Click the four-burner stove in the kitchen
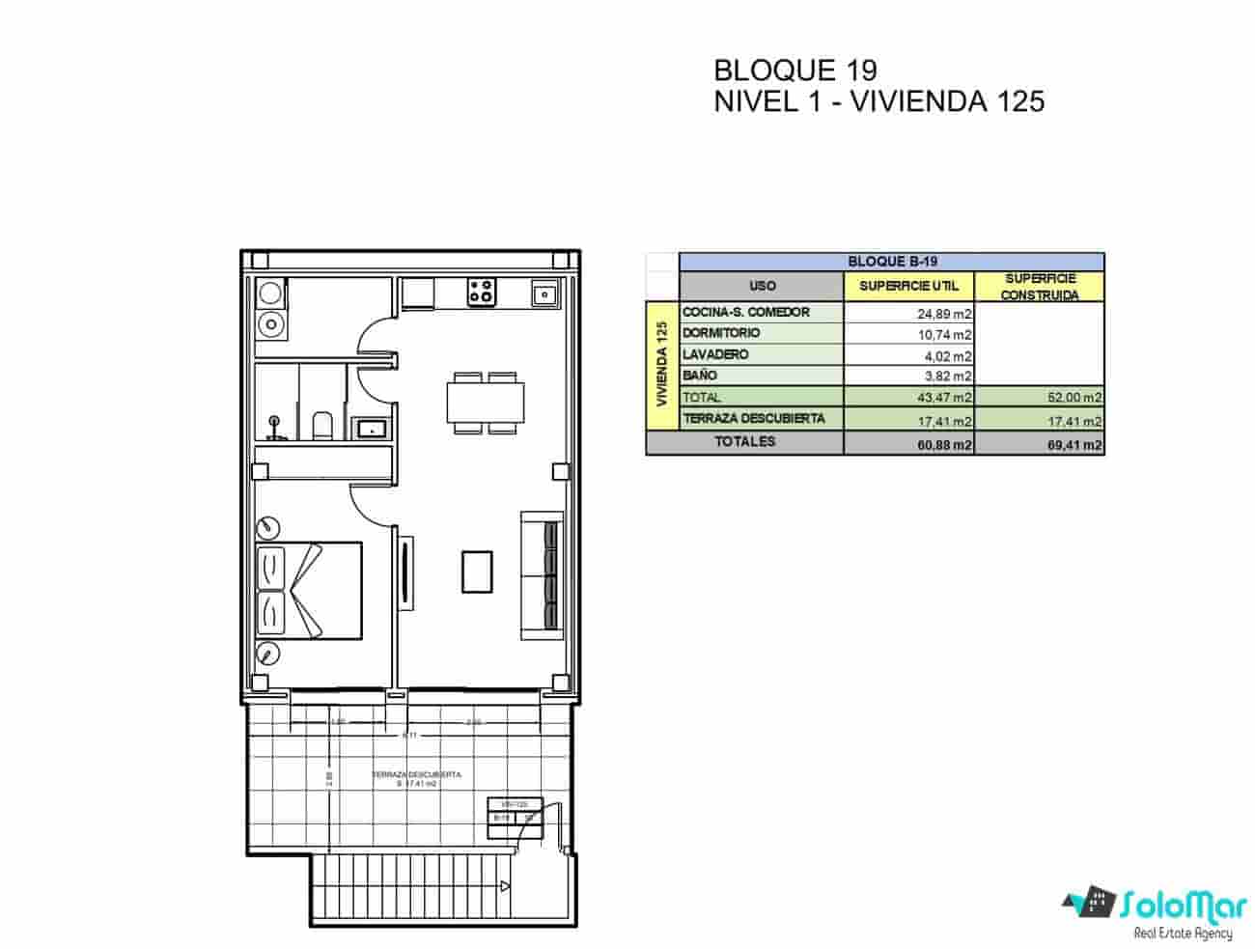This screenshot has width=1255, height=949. (482, 292)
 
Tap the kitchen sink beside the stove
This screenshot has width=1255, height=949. (544, 293)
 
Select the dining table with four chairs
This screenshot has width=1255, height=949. (486, 402)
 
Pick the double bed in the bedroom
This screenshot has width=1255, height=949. (309, 590)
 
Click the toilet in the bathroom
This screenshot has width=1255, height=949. (323, 425)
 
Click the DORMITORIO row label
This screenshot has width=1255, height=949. (721, 333)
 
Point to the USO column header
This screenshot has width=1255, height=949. (762, 286)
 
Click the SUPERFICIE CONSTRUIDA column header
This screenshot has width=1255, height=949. (1040, 287)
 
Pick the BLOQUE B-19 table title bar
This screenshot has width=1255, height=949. (891, 261)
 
